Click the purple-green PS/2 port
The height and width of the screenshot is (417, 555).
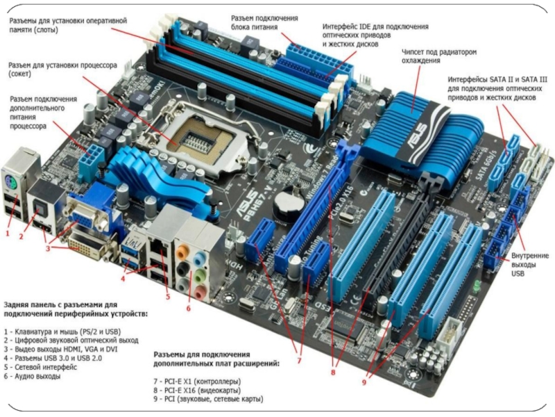point(11,183)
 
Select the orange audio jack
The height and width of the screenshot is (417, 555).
point(181,252)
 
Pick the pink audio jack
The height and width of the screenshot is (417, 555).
point(200,293)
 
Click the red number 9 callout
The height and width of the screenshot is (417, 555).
point(364,382)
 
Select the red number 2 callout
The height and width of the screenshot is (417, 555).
point(21,236)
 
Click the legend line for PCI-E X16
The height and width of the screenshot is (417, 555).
point(197,391)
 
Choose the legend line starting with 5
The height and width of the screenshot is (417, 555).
point(40,367)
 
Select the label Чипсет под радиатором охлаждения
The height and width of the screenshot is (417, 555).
point(439,56)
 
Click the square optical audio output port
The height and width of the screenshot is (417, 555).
point(38,211)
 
